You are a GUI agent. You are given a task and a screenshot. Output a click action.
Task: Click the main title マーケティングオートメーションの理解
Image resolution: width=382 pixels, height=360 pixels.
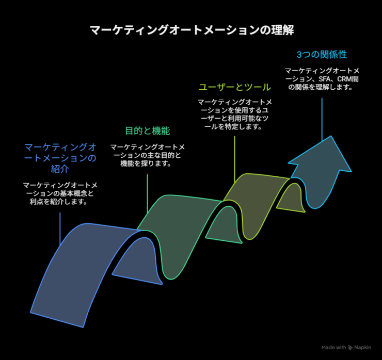tap(192, 30)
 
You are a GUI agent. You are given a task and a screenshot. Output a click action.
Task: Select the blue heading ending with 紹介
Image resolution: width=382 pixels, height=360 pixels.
tap(60, 158)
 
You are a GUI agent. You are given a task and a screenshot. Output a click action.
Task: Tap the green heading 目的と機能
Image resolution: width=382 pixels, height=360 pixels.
tap(148, 130)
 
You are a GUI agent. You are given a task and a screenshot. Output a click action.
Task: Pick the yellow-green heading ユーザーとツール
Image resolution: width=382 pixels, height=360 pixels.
tap(234, 87)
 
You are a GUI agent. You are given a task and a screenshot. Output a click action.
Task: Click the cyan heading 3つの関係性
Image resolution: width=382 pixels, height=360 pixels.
tap(322, 55)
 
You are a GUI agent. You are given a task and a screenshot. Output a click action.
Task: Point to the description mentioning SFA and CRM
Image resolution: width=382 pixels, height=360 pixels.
tap(322, 79)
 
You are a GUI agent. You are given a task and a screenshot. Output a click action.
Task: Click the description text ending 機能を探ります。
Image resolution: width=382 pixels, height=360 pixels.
tap(148, 155)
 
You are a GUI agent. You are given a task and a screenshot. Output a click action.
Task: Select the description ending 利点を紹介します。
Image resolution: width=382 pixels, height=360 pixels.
tap(60, 193)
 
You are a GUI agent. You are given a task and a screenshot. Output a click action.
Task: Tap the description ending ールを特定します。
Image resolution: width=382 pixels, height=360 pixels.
tap(234, 114)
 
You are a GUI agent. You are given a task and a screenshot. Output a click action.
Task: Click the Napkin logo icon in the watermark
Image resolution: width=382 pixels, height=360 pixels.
tap(351, 348)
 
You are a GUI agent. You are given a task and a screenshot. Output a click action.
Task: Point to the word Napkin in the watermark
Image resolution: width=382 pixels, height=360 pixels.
tap(362, 348)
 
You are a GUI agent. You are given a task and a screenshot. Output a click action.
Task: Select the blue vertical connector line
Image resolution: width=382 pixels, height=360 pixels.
tap(60, 228)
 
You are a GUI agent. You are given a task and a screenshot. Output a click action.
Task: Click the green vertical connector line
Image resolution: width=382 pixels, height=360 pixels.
tap(147, 193)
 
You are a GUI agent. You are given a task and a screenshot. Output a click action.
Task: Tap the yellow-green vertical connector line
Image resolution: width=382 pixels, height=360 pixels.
tap(234, 159)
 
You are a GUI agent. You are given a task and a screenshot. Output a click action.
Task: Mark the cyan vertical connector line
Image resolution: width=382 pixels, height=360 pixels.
tap(322, 119)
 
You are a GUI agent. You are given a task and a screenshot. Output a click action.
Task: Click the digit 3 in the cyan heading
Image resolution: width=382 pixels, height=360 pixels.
tap(299, 55)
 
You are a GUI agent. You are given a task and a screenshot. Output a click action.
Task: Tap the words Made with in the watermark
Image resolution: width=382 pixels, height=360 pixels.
tap(334, 348)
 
